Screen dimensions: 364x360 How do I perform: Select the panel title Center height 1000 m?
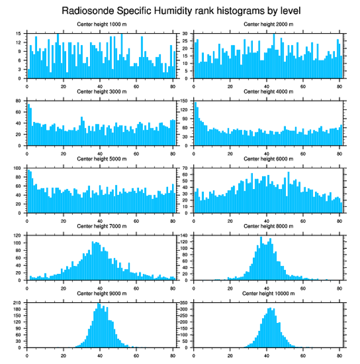(102, 24)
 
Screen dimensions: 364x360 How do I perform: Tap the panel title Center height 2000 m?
(268, 24)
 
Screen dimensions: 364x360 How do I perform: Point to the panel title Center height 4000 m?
(268, 91)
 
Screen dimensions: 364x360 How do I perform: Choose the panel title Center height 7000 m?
(102, 226)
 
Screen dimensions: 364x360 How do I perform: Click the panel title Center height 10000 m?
(268, 293)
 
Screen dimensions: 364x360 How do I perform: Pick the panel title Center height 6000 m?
(268, 159)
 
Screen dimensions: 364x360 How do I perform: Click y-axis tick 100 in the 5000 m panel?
(18, 168)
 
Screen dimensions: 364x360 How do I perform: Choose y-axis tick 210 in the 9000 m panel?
(18, 303)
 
